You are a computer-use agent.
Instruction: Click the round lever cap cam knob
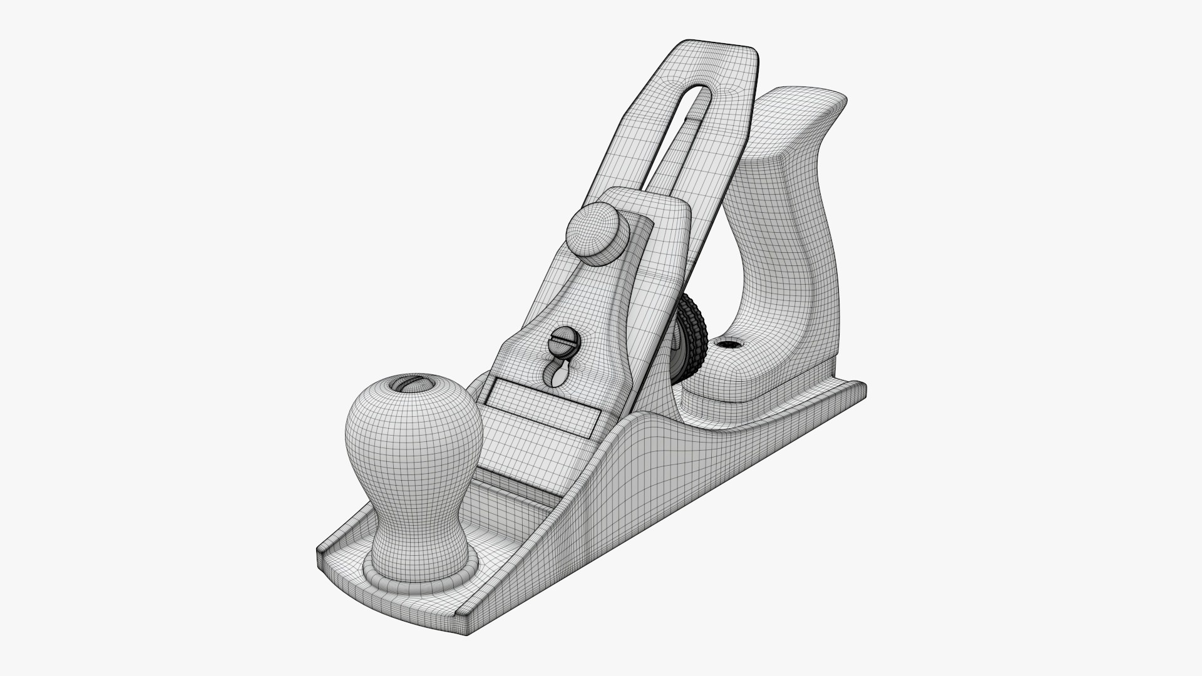[597, 232]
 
